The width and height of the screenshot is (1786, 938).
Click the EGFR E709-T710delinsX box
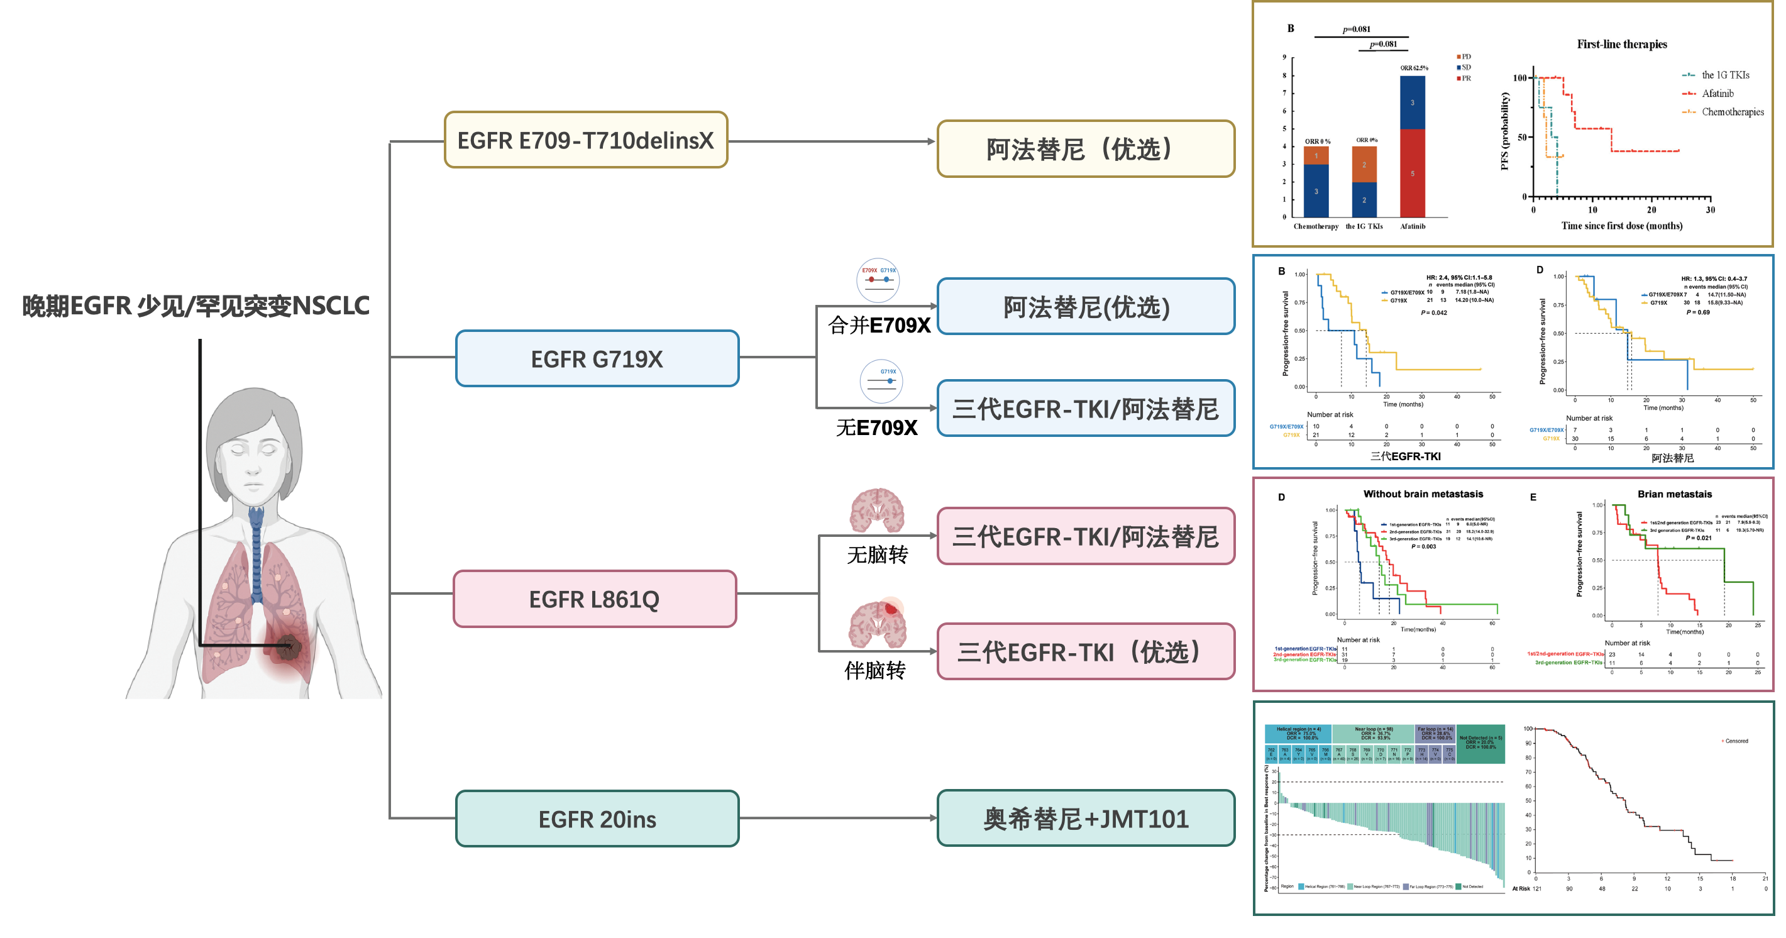click(x=585, y=140)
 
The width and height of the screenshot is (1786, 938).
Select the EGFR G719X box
click(x=597, y=358)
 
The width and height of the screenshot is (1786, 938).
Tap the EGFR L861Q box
click(x=594, y=599)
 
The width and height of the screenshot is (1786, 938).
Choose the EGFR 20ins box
click(x=597, y=819)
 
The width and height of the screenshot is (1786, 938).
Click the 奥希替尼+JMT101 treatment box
click(x=1086, y=819)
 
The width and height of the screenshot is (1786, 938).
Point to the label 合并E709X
click(x=878, y=325)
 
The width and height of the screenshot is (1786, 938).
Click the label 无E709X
click(x=876, y=427)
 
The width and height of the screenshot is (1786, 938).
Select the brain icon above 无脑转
click(x=877, y=510)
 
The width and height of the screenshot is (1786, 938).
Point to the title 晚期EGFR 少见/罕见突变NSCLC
click(x=196, y=306)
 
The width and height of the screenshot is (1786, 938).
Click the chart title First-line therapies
click(x=1622, y=45)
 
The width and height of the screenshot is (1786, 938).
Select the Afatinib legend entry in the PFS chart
click(x=1717, y=94)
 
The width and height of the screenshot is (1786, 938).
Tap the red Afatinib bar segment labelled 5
click(x=1413, y=174)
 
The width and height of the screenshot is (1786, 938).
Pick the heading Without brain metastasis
click(x=1423, y=494)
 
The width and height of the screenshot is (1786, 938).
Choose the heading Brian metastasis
click(x=1674, y=494)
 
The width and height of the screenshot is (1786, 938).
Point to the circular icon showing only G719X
click(x=881, y=380)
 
